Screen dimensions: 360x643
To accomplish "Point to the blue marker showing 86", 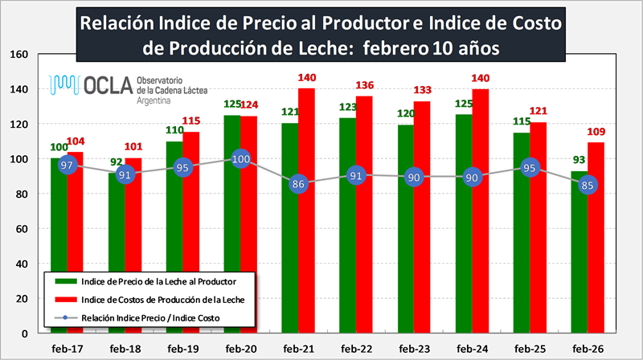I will [299, 184].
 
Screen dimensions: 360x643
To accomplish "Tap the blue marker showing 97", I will [68, 165].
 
